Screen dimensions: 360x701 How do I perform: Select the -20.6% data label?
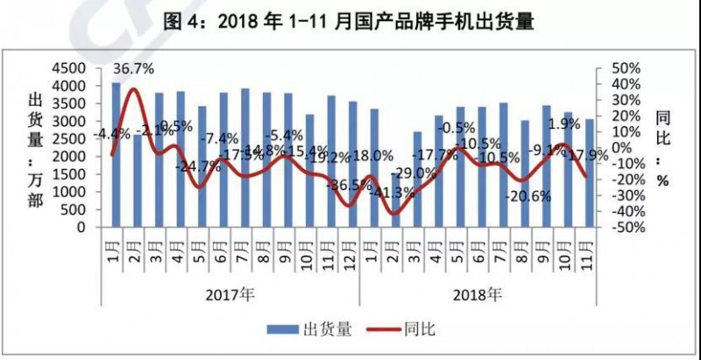[x=529, y=196]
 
